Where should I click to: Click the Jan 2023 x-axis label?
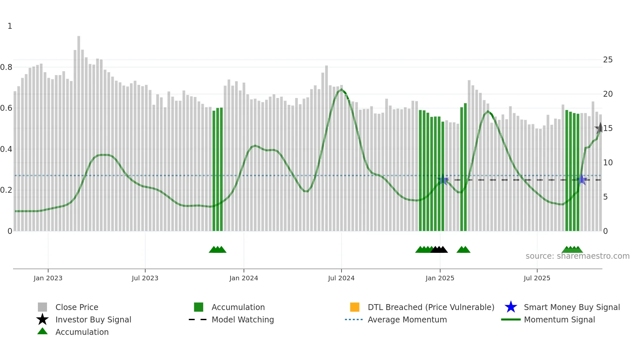[48, 278]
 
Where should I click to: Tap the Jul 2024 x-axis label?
[341, 278]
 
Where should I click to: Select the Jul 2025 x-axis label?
[537, 278]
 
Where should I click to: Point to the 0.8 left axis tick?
[6, 67]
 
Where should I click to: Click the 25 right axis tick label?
[608, 60]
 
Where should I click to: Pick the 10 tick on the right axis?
[608, 163]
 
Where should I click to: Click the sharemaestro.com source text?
[577, 256]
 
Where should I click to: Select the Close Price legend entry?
[77, 307]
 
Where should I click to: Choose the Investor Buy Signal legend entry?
[93, 319]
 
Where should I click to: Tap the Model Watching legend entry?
[243, 319]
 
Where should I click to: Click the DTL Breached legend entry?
[431, 307]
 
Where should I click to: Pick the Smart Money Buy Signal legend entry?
[572, 307]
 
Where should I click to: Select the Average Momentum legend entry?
[407, 319]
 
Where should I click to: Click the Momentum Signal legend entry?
[559, 319]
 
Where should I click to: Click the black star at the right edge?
[600, 128]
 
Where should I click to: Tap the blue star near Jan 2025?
[443, 179]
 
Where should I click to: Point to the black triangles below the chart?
[439, 250]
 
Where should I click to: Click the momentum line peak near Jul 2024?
[341, 89]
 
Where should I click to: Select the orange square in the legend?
[355, 307]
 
